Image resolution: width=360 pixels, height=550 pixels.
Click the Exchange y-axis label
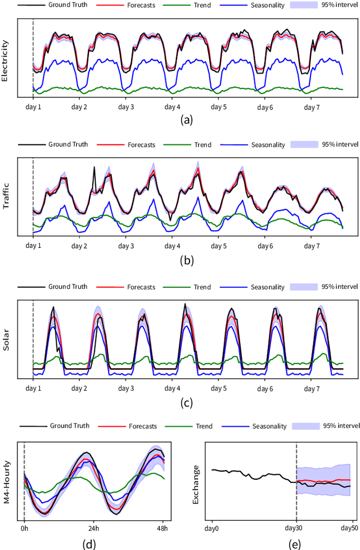196,484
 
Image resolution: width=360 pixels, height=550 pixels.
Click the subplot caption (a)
187,119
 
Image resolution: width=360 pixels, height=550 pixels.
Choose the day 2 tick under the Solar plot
79,388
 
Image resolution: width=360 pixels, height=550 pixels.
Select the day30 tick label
296,528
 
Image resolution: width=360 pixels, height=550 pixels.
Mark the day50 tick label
349,528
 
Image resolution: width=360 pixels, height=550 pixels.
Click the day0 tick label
211,528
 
